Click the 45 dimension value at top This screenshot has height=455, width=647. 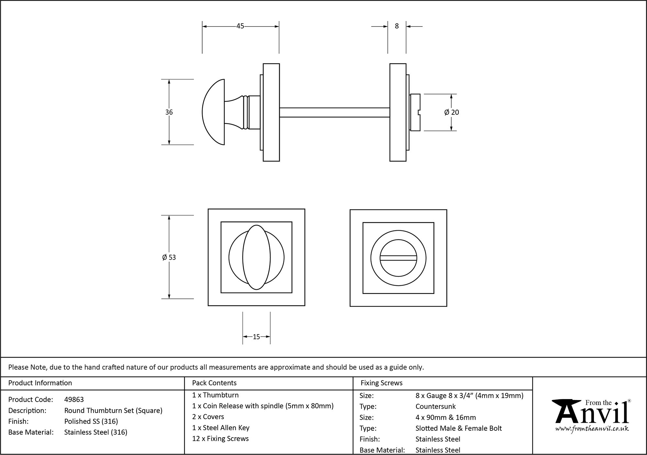point(240,26)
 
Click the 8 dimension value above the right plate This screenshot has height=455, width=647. point(397,26)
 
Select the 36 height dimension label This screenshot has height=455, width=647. point(169,112)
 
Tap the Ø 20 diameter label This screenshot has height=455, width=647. point(452,112)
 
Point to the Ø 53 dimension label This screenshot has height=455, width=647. point(169,257)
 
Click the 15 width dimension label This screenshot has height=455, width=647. point(256,337)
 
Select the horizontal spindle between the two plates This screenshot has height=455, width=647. point(334,112)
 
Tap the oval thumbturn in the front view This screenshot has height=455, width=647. point(256,257)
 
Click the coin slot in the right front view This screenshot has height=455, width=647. point(398,258)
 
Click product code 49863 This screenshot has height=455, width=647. point(74,399)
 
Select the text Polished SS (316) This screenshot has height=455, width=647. point(91,421)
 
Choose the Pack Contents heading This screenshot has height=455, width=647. point(214,383)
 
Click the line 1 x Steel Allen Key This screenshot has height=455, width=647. point(221,428)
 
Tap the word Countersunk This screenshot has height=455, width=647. point(435,406)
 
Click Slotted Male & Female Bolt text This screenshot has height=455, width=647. point(458,428)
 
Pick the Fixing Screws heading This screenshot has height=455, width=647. point(381,383)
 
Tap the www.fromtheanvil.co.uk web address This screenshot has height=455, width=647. point(592,429)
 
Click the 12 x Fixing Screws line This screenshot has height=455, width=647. point(220,439)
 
